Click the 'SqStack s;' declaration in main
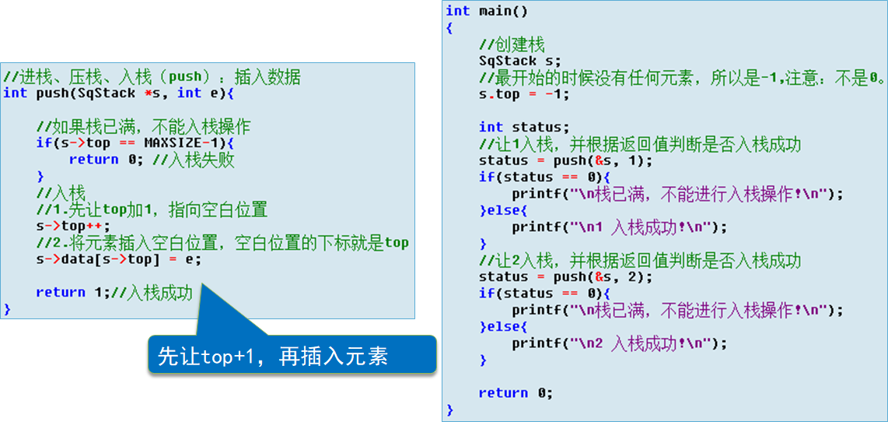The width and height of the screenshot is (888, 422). click(x=519, y=61)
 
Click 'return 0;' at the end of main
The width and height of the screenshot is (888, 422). click(x=516, y=393)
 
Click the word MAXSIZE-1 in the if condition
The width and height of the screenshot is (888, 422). click(x=184, y=143)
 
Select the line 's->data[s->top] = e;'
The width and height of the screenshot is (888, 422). click(x=118, y=259)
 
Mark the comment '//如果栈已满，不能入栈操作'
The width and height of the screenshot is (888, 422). click(x=143, y=127)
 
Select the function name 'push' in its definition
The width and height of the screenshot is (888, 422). click(x=51, y=93)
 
